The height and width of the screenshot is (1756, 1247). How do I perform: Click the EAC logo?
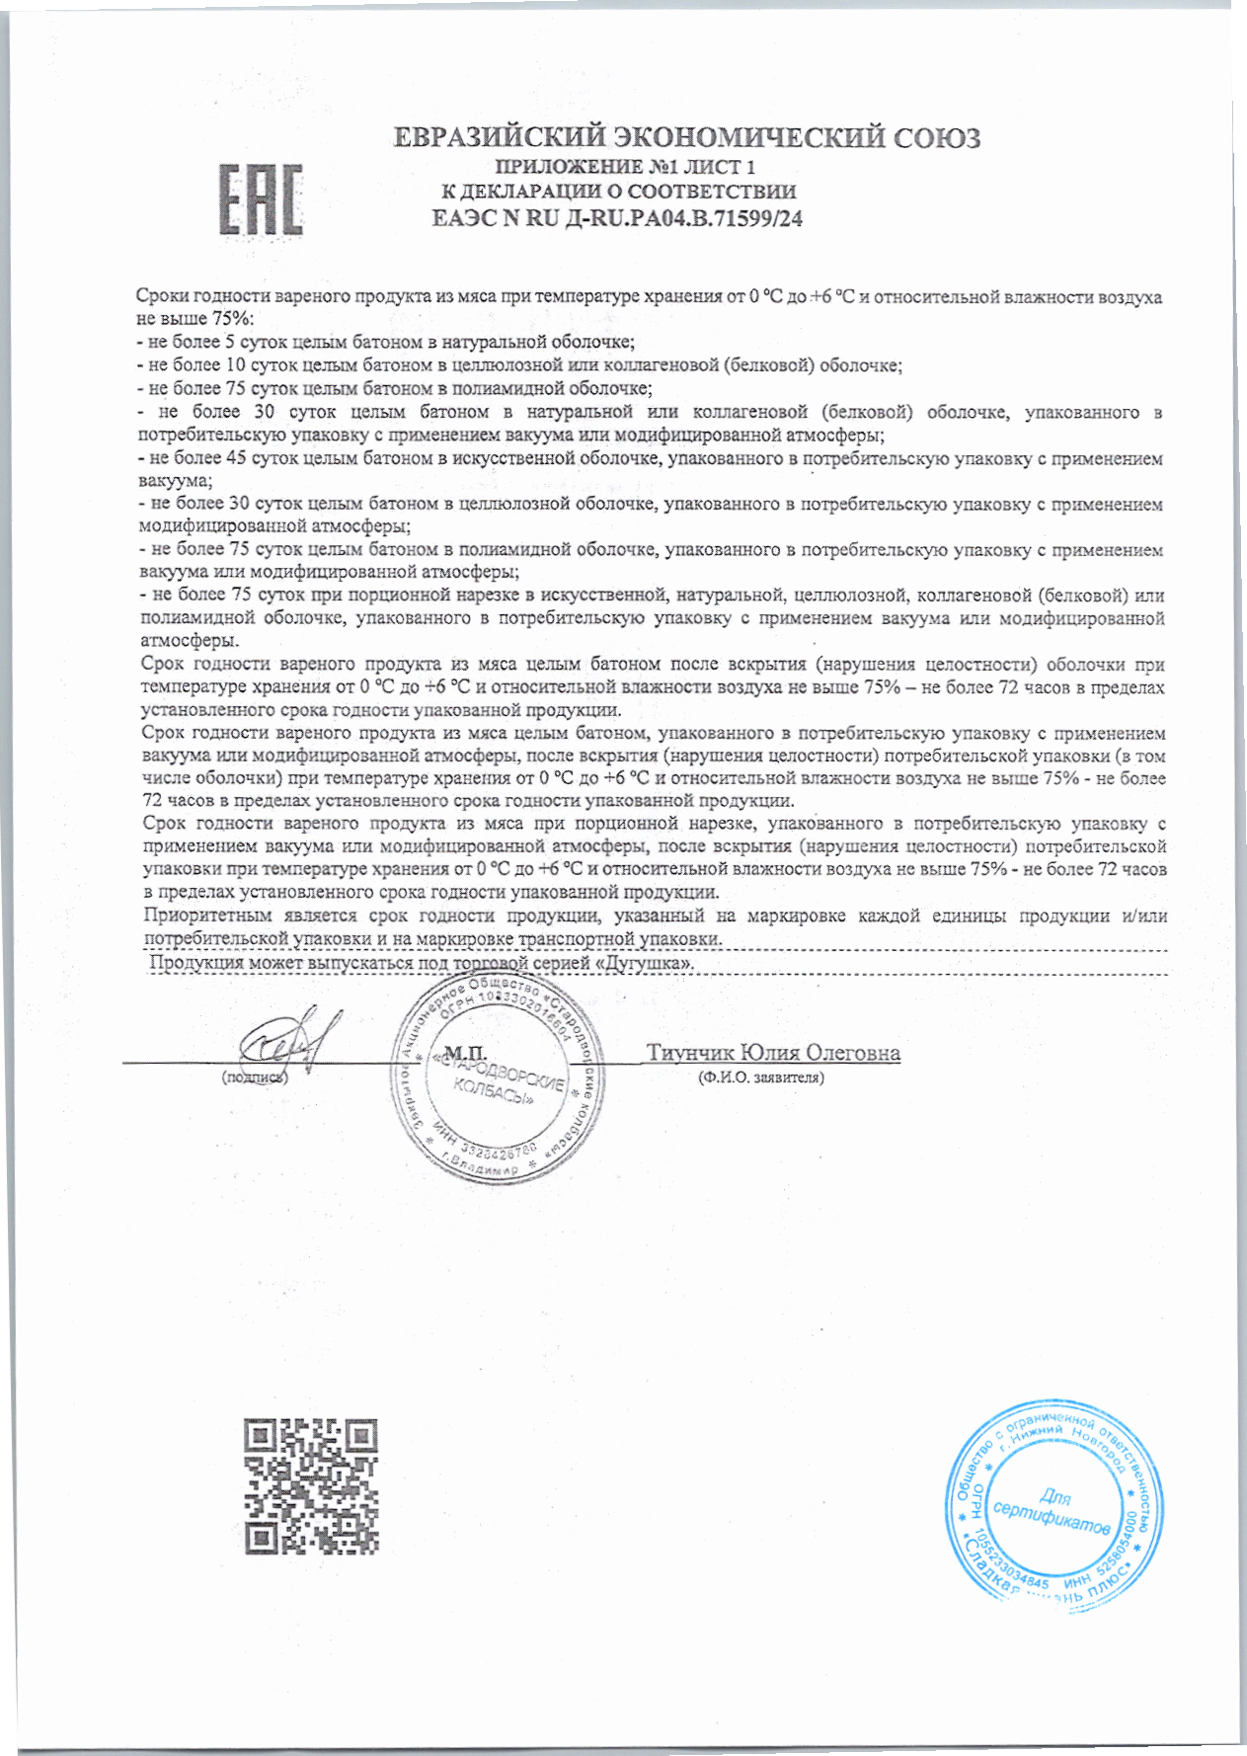pos(261,200)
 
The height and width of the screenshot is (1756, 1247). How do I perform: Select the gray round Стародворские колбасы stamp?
pos(497,1078)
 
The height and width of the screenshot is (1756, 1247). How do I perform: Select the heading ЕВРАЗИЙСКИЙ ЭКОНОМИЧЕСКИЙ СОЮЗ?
pos(686,137)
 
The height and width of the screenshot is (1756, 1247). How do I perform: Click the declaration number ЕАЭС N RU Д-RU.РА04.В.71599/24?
pos(617,219)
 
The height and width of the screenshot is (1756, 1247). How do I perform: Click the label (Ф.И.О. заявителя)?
pos(760,1078)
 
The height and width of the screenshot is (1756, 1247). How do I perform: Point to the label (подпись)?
pos(255,1078)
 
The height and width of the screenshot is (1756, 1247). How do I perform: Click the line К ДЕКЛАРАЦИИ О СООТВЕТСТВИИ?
pos(617,192)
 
